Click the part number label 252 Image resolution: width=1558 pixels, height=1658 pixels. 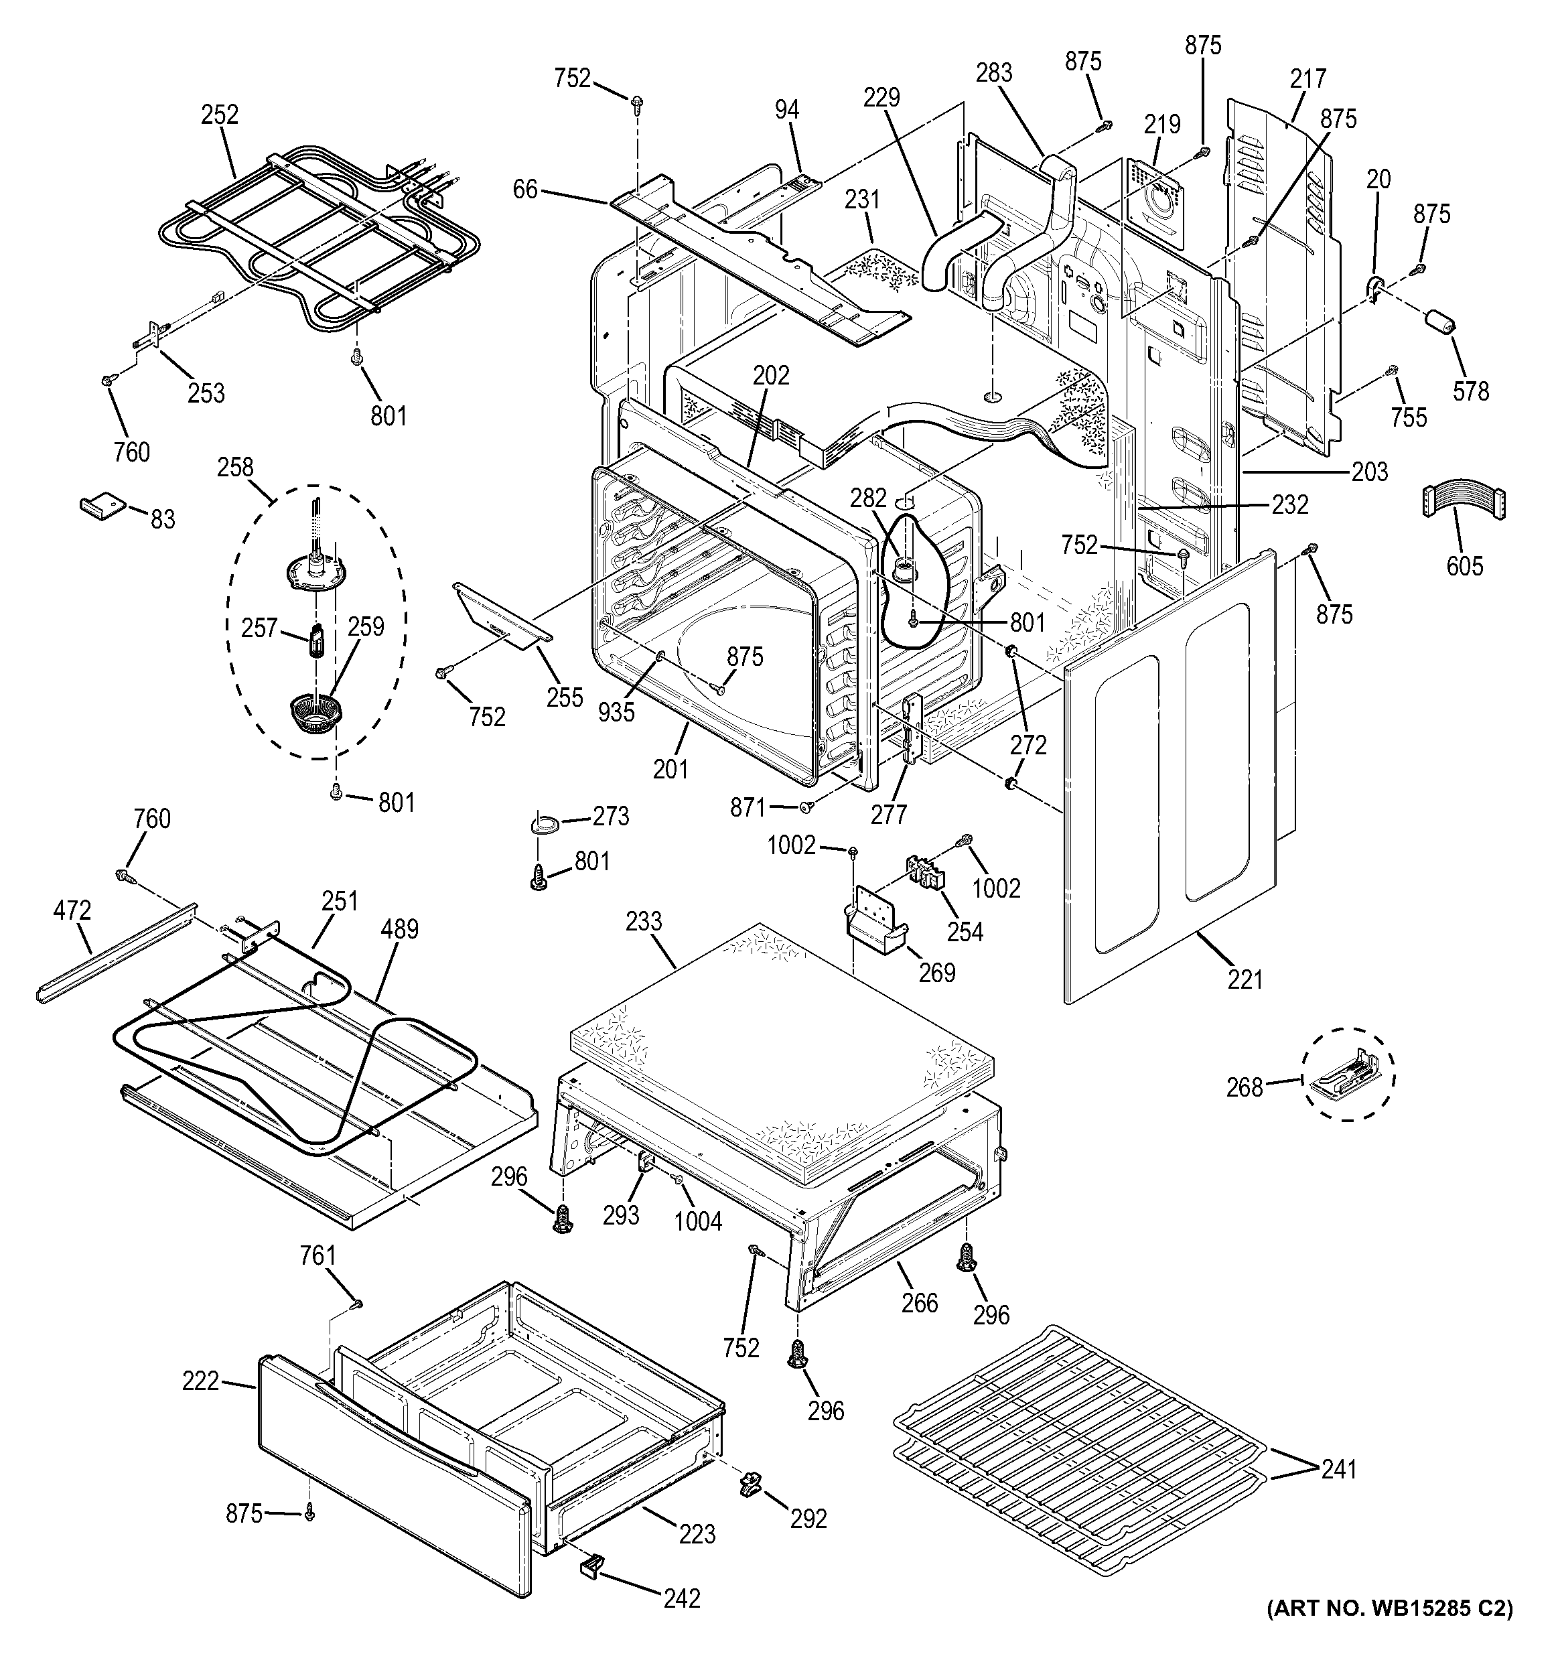pyautogui.click(x=219, y=115)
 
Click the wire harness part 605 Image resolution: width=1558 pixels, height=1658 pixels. pyautogui.click(x=1463, y=503)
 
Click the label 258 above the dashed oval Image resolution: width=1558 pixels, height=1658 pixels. pyautogui.click(x=235, y=467)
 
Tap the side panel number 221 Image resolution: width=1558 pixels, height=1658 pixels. pyautogui.click(x=1245, y=979)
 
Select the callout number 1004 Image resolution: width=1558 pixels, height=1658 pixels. pyautogui.click(x=698, y=1221)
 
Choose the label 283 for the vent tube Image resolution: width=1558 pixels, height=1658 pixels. pyautogui.click(x=994, y=74)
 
